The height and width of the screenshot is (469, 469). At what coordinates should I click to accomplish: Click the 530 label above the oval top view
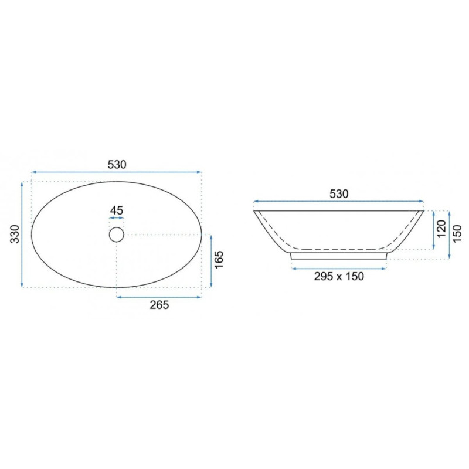point(117,165)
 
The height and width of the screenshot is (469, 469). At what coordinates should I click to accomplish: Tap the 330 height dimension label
point(15,234)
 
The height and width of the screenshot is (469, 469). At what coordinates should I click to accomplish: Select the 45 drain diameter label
point(117,210)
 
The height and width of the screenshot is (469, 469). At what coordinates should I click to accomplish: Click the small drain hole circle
point(116,235)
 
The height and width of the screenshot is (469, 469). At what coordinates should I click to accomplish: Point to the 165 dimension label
point(219,260)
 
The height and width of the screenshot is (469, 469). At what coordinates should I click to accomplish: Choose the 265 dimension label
point(159,305)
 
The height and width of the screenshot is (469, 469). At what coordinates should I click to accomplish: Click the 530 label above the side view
point(339,194)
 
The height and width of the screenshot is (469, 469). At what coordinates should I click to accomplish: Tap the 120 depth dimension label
point(441,229)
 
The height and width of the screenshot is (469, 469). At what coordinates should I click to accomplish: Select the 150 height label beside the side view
point(458,234)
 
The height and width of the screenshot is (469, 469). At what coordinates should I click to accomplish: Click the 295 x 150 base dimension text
point(339,276)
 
